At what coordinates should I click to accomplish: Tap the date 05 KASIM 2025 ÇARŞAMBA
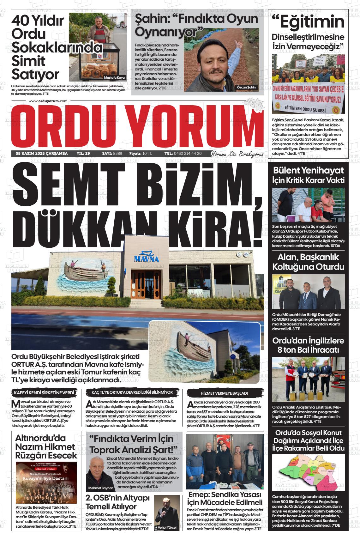pos(42,154)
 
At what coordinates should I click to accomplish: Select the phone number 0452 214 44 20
pos(187,154)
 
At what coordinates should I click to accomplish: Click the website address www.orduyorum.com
pos(48,101)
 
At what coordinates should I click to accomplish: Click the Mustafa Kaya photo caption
pos(114,77)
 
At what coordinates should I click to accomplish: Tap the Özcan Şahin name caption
pos(247,88)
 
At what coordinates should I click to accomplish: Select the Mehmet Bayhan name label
pos(100,488)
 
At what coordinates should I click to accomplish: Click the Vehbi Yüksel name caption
pos(167,527)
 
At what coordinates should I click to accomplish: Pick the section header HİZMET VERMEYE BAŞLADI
pos(224,393)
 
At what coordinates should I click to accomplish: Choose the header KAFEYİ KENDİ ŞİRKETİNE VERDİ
pos(44,393)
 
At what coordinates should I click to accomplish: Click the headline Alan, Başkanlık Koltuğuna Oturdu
pos(308,262)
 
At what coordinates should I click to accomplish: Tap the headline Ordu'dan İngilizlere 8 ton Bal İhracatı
pos(308,345)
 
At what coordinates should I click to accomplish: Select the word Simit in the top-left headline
pos(28,61)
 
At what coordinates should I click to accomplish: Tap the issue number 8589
pos(117,154)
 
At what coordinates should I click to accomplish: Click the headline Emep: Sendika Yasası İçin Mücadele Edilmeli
pos(225,498)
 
